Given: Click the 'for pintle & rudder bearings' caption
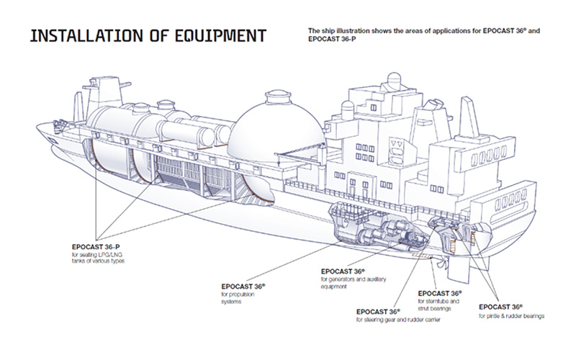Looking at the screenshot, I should coord(512,315).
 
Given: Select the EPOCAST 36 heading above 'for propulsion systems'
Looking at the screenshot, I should coord(243,287).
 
